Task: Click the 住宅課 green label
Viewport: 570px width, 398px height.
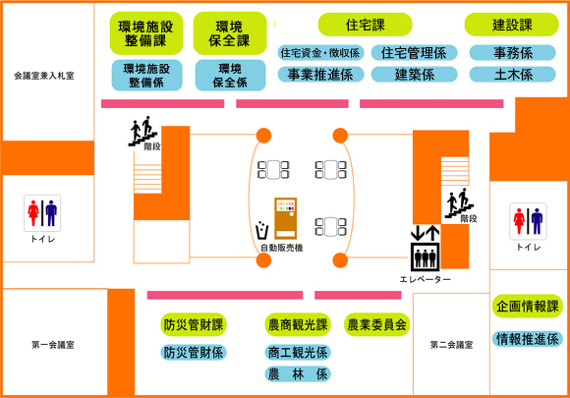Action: pyautogui.click(x=365, y=25)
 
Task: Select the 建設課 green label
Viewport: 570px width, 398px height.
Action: pyautogui.click(x=511, y=25)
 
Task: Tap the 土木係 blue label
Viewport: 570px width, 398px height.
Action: pyautogui.click(x=513, y=75)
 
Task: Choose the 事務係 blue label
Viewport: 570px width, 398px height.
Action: pyautogui.click(x=513, y=53)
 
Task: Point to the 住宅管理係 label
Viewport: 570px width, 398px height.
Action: pyautogui.click(x=414, y=53)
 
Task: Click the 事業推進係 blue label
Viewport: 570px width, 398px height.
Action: pyautogui.click(x=320, y=75)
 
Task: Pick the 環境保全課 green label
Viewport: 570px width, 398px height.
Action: pyautogui.click(x=230, y=33)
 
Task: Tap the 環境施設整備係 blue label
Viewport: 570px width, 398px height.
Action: pyautogui.click(x=146, y=76)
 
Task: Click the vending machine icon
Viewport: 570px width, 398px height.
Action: pyautogui.click(x=285, y=218)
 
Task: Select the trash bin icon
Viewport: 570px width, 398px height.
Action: pyautogui.click(x=261, y=230)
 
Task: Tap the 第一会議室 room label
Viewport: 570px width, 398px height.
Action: pyautogui.click(x=53, y=345)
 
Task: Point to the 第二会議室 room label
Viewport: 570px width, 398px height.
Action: pyautogui.click(x=451, y=345)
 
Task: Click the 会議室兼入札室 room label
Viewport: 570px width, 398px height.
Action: pyautogui.click(x=44, y=76)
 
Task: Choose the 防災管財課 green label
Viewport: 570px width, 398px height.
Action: pyautogui.click(x=194, y=324)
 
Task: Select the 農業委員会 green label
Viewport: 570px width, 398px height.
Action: pyautogui.click(x=377, y=324)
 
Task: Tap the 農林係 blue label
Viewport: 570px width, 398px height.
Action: pyautogui.click(x=298, y=374)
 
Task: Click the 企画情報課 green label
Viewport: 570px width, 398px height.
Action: pyautogui.click(x=528, y=306)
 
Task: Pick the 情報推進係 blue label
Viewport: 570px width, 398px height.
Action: pyautogui.click(x=528, y=339)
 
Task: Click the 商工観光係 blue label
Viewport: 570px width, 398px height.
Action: pyautogui.click(x=298, y=352)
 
